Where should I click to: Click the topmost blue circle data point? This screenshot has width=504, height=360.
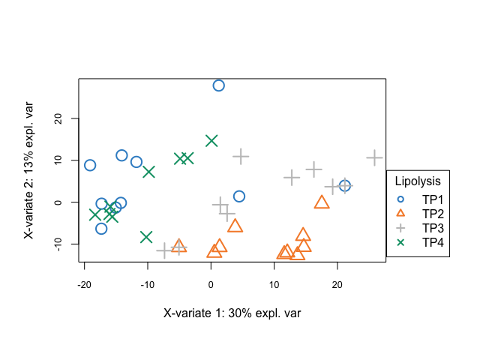click(218, 85)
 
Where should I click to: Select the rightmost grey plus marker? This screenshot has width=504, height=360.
click(374, 158)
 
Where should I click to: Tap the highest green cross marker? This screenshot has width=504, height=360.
click(211, 141)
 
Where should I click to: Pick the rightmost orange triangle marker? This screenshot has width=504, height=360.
click(322, 202)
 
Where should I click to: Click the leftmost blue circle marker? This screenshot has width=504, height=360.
click(90, 165)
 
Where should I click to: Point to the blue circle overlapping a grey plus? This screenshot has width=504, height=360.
click(345, 185)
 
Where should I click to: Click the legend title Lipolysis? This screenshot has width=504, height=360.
click(417, 181)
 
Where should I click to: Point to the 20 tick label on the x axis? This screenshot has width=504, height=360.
click(337, 284)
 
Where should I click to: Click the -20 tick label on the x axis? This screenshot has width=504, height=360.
click(84, 284)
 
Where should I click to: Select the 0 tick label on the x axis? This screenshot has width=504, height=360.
click(211, 284)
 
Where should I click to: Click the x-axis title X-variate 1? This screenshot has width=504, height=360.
click(232, 313)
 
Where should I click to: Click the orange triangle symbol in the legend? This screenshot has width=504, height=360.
click(400, 214)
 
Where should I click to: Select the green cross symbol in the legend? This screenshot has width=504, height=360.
click(400, 242)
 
